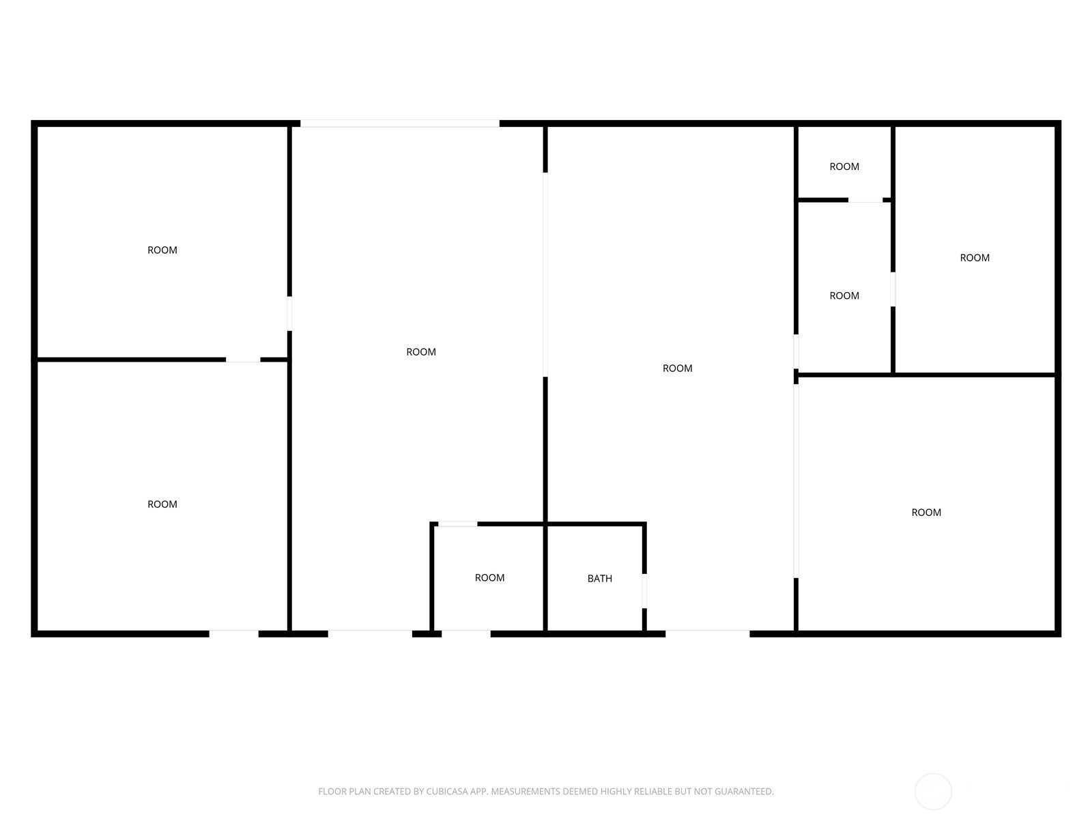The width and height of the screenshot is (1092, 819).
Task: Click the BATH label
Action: (x=599, y=579)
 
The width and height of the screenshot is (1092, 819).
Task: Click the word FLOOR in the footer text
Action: (x=332, y=792)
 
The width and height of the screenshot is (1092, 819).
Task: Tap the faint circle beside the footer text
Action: (x=933, y=792)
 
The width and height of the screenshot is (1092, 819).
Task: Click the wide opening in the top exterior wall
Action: (x=400, y=124)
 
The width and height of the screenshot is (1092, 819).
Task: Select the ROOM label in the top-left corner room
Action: (x=162, y=250)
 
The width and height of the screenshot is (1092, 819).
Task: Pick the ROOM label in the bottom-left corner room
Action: (x=162, y=504)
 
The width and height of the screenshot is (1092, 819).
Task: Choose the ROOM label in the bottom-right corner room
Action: (x=926, y=513)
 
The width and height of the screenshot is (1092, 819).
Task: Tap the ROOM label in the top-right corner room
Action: (x=975, y=258)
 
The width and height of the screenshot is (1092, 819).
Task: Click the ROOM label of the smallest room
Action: (x=844, y=167)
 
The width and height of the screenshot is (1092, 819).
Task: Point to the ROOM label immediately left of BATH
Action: (x=489, y=578)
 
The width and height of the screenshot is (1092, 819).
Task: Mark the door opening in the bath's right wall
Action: (x=644, y=591)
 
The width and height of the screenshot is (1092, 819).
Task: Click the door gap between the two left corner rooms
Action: (x=243, y=360)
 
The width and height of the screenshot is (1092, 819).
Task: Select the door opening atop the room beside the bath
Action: (x=457, y=524)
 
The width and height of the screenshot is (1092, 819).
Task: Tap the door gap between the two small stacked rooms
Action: (x=865, y=200)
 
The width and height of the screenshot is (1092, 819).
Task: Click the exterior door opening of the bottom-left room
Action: (x=233, y=634)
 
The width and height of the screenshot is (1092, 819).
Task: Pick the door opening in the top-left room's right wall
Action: (x=289, y=313)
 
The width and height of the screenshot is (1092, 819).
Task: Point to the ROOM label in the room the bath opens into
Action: (x=677, y=369)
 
